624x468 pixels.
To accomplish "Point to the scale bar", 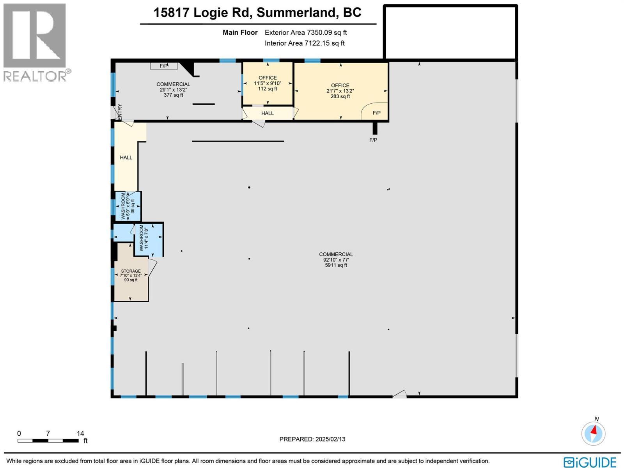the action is pos(48,441).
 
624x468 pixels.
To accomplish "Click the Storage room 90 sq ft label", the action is pos(131,275).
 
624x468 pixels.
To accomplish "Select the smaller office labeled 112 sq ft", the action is pos(268,83).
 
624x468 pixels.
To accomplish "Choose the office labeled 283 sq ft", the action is pos(340,91).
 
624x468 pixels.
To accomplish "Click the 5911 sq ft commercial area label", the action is pos(336,260).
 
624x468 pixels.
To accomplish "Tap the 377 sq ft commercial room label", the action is pos(173,90).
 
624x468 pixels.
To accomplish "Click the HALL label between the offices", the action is pos(268,113).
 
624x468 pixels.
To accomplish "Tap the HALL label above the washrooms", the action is pos(126,158).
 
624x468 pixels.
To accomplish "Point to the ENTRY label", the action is pos(120,112).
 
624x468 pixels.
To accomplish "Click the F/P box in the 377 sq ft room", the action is pos(164,66).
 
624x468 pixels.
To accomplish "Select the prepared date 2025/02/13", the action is pos(312,439).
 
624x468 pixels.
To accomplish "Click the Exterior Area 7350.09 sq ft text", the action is pos(306,33).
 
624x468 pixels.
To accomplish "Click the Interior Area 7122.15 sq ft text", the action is pos(305,43).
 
